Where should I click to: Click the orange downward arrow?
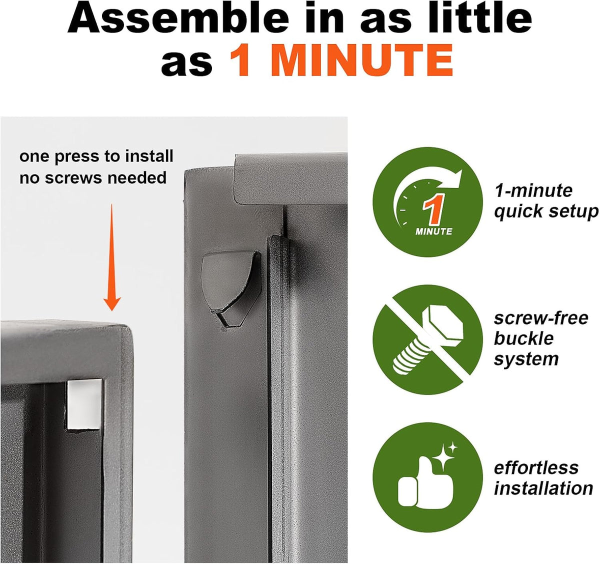point(112,257)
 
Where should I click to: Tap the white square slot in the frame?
point(84,404)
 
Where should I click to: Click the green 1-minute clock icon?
point(427,202)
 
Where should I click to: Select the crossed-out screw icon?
point(427,340)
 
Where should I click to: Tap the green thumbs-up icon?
point(427,478)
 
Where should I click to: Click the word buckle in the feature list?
point(524,338)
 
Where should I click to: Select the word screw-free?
point(541,318)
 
